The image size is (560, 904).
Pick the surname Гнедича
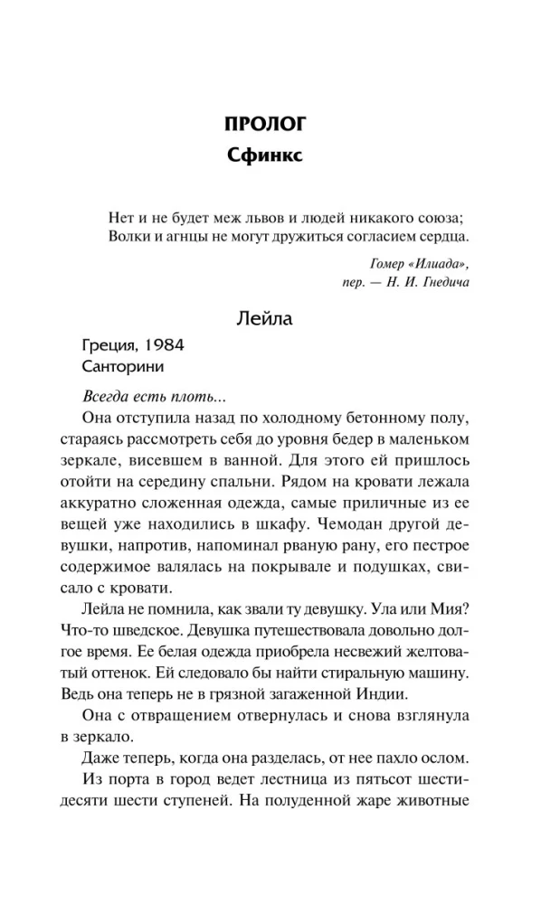(442, 281)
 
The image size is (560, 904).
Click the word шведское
(141, 631)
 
